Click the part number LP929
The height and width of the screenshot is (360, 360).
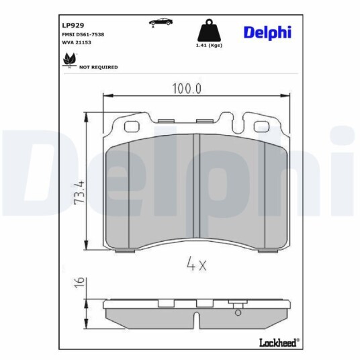pyautogui.click(x=73, y=25)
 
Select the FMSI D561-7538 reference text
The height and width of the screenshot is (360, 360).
pyautogui.click(x=83, y=34)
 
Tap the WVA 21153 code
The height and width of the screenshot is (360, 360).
pyautogui.click(x=77, y=42)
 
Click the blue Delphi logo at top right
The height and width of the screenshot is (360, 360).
pyautogui.click(x=267, y=33)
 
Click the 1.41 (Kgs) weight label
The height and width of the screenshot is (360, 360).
pyautogui.click(x=209, y=45)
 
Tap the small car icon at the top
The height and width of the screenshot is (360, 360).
pyautogui.click(x=161, y=22)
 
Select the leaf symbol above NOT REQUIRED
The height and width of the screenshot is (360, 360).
pyautogui.click(x=69, y=60)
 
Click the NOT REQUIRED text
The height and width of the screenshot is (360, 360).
pyautogui.click(x=99, y=67)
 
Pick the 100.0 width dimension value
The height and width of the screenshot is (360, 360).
pyautogui.click(x=187, y=89)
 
